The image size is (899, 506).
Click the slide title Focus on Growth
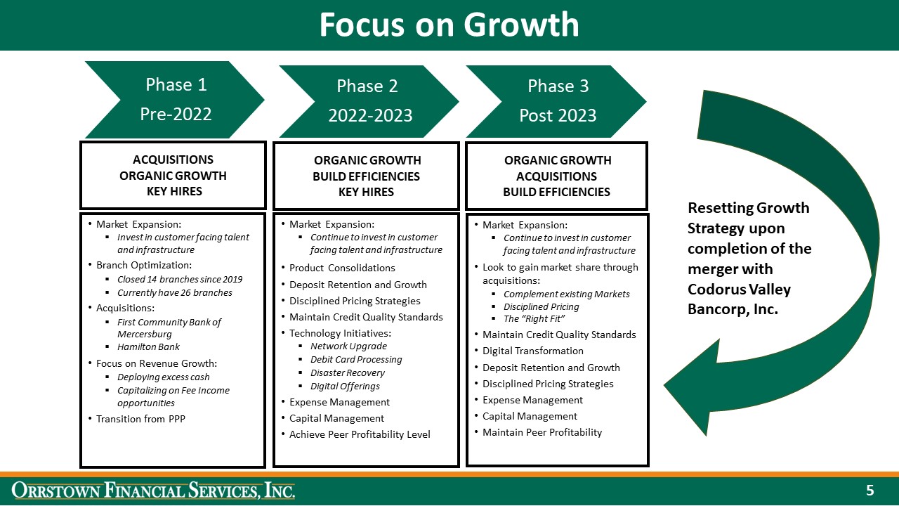(x=449, y=25)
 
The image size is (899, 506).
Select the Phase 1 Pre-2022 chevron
(x=176, y=99)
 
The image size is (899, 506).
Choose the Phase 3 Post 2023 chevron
(x=557, y=101)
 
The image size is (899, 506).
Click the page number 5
(x=870, y=490)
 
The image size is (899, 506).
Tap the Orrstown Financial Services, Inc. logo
(x=153, y=491)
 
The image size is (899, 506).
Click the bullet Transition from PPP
(x=140, y=420)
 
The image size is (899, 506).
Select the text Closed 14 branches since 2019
(x=180, y=279)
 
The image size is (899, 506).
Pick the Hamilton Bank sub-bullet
(x=148, y=346)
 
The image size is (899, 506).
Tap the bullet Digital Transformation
(x=532, y=351)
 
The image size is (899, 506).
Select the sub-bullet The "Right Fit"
(x=534, y=319)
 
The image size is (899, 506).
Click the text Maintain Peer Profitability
(x=542, y=432)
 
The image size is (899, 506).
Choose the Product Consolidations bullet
(x=342, y=268)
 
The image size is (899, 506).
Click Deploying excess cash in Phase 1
(x=163, y=377)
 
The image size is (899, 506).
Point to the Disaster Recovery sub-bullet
(x=347, y=372)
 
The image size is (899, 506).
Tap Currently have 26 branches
(x=174, y=292)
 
